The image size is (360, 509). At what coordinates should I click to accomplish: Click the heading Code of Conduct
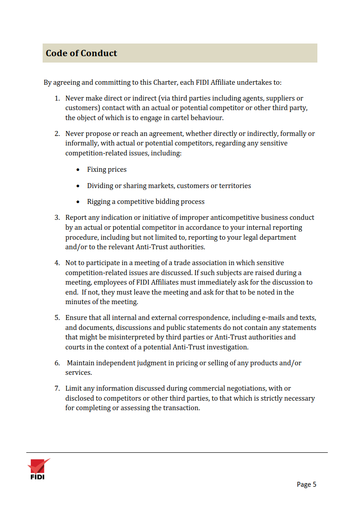tap(82, 53)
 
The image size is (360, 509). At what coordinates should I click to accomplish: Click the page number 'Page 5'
tap(306, 485)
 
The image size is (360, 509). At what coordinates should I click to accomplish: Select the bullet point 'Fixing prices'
tap(107, 170)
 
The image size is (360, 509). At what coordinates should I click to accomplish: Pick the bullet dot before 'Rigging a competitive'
tap(78, 202)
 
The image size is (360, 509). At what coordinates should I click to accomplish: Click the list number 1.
tap(57, 98)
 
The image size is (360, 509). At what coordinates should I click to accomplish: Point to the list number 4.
tap(57, 263)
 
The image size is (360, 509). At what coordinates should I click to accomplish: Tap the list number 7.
tap(57, 388)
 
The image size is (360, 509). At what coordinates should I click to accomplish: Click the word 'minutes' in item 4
tap(77, 302)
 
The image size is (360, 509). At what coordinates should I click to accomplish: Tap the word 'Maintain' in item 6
tap(82, 363)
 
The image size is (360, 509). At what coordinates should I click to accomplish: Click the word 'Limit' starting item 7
tap(73, 388)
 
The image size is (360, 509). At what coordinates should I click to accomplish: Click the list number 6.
tap(57, 363)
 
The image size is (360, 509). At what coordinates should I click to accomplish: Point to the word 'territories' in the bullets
tap(234, 186)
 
